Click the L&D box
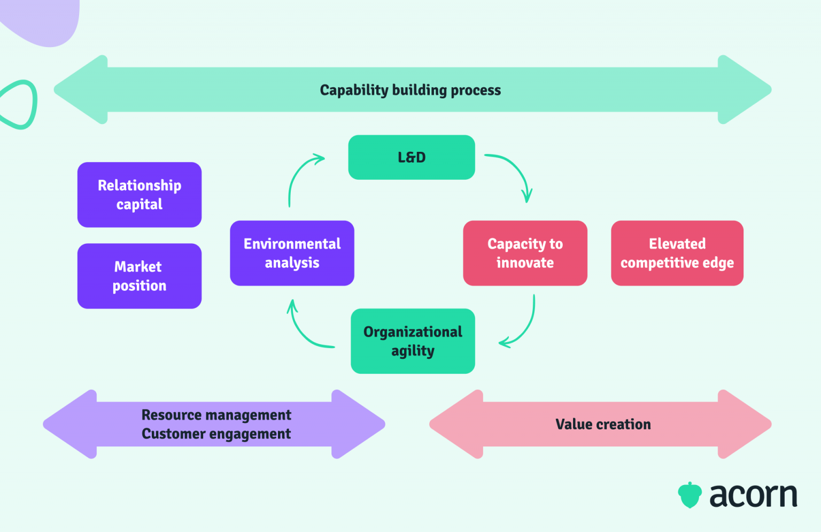[x=411, y=157]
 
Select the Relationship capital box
[x=140, y=195]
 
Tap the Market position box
[x=140, y=276]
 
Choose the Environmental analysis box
[x=292, y=253]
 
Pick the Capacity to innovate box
[x=525, y=253]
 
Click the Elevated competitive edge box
[x=677, y=253]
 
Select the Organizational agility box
[x=413, y=341]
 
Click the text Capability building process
[x=410, y=90]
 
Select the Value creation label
[x=603, y=424]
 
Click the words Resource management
[x=216, y=415]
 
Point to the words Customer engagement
[x=216, y=434]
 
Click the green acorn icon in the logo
[x=690, y=495]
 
